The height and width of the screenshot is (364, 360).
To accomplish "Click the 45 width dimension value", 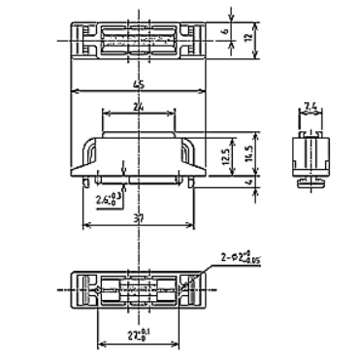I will pyautogui.click(x=140, y=85).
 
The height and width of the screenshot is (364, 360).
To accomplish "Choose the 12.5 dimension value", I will pyautogui.click(x=227, y=153).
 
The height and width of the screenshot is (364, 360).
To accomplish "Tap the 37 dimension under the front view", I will pyautogui.click(x=140, y=220).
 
